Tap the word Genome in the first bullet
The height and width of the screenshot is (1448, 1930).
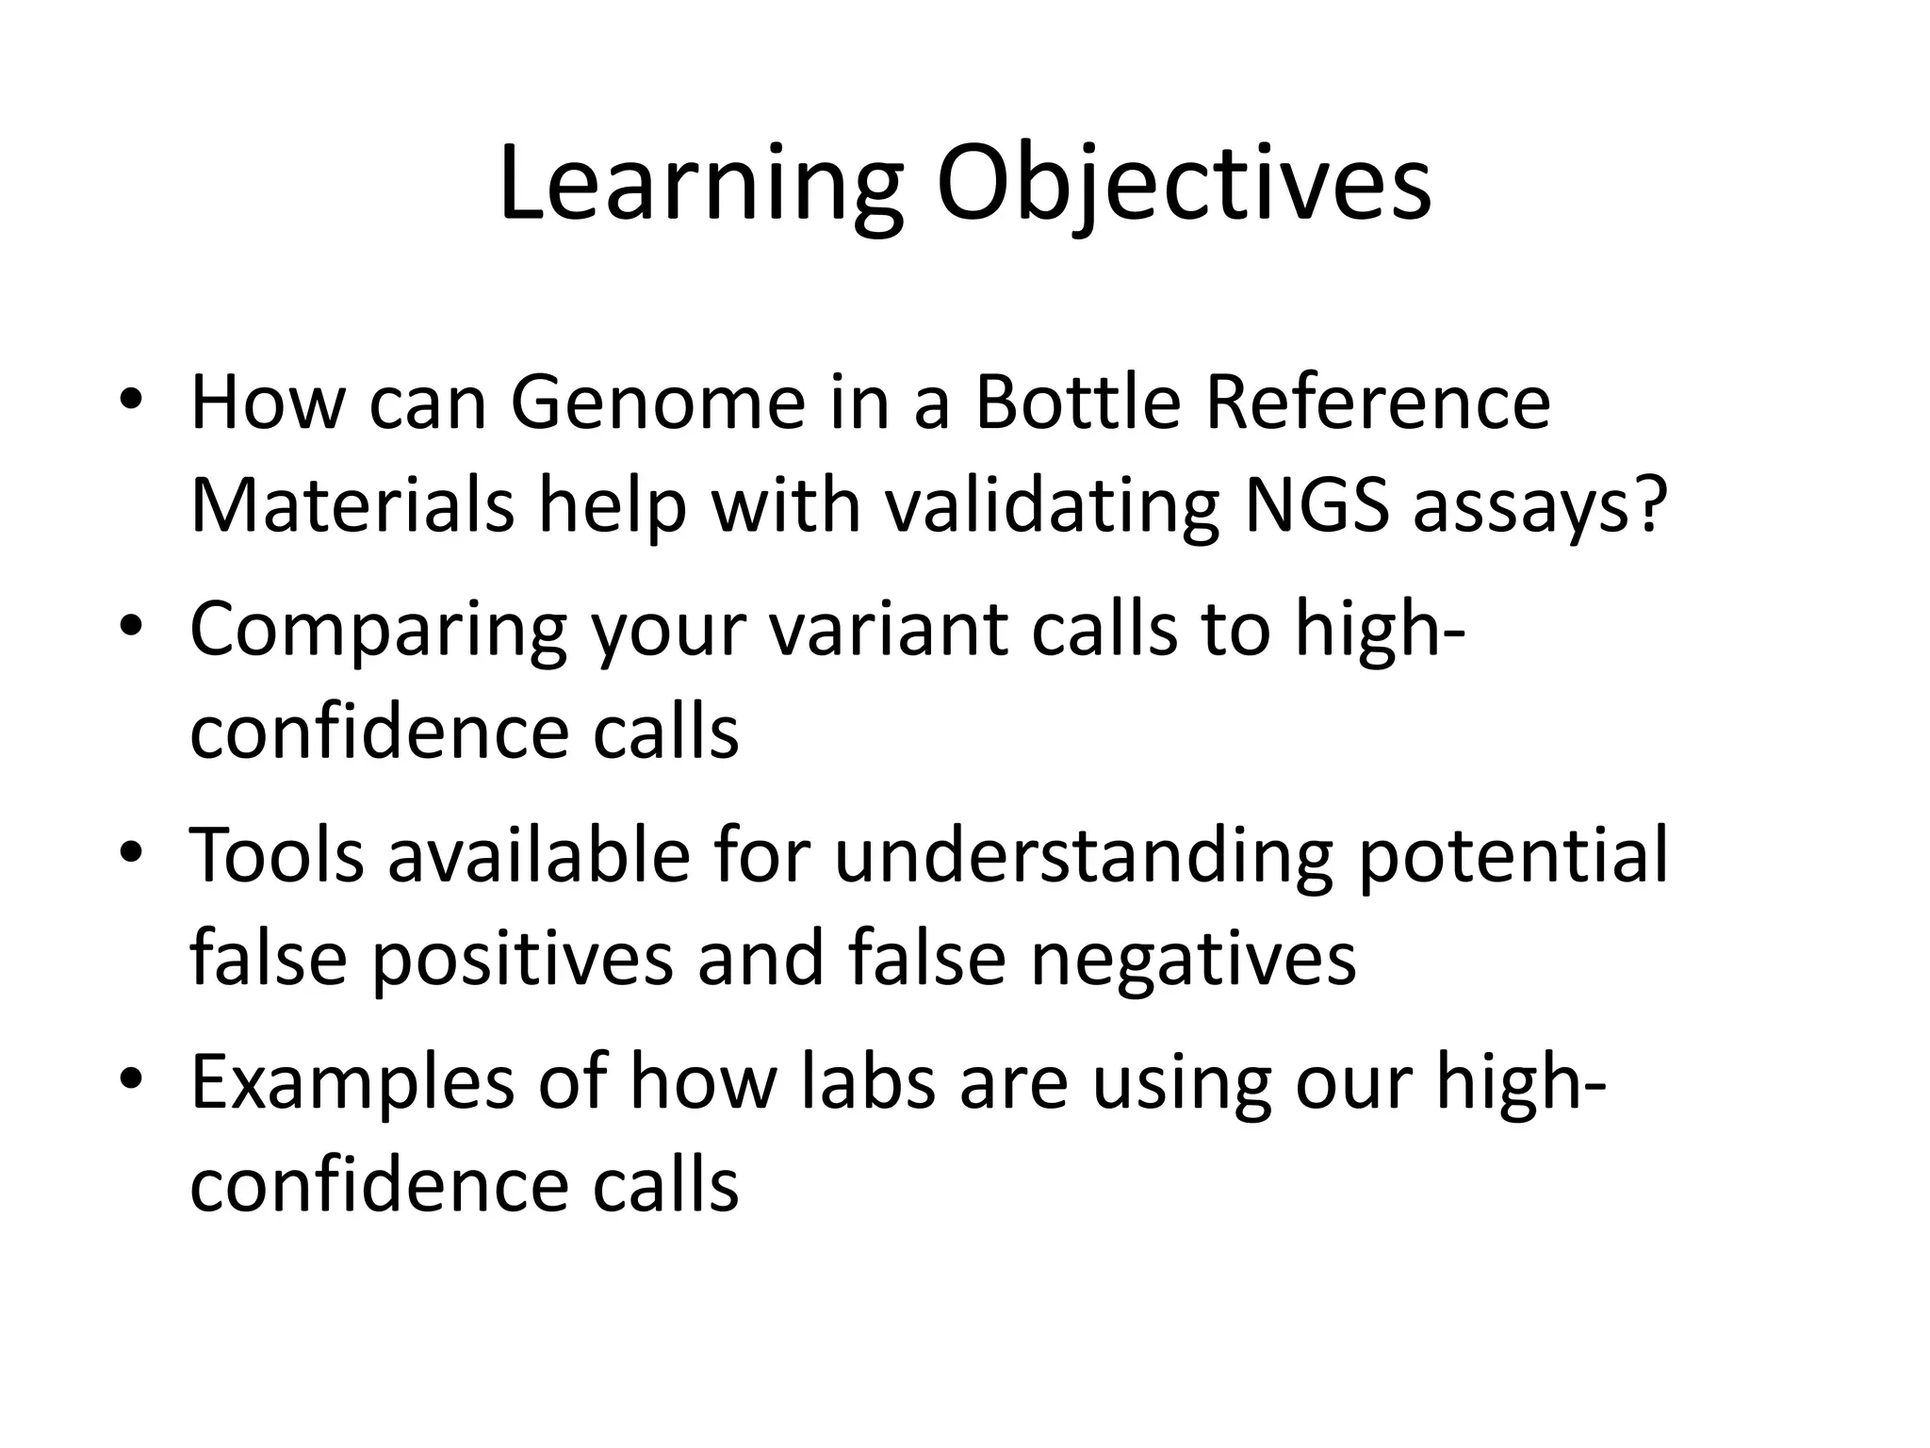[x=658, y=403]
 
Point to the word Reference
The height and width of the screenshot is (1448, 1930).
[x=1377, y=403]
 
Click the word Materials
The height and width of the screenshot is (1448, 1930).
[x=352, y=506]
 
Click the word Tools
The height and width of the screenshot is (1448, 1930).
[x=277, y=855]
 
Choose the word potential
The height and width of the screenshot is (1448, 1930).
[x=1513, y=855]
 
